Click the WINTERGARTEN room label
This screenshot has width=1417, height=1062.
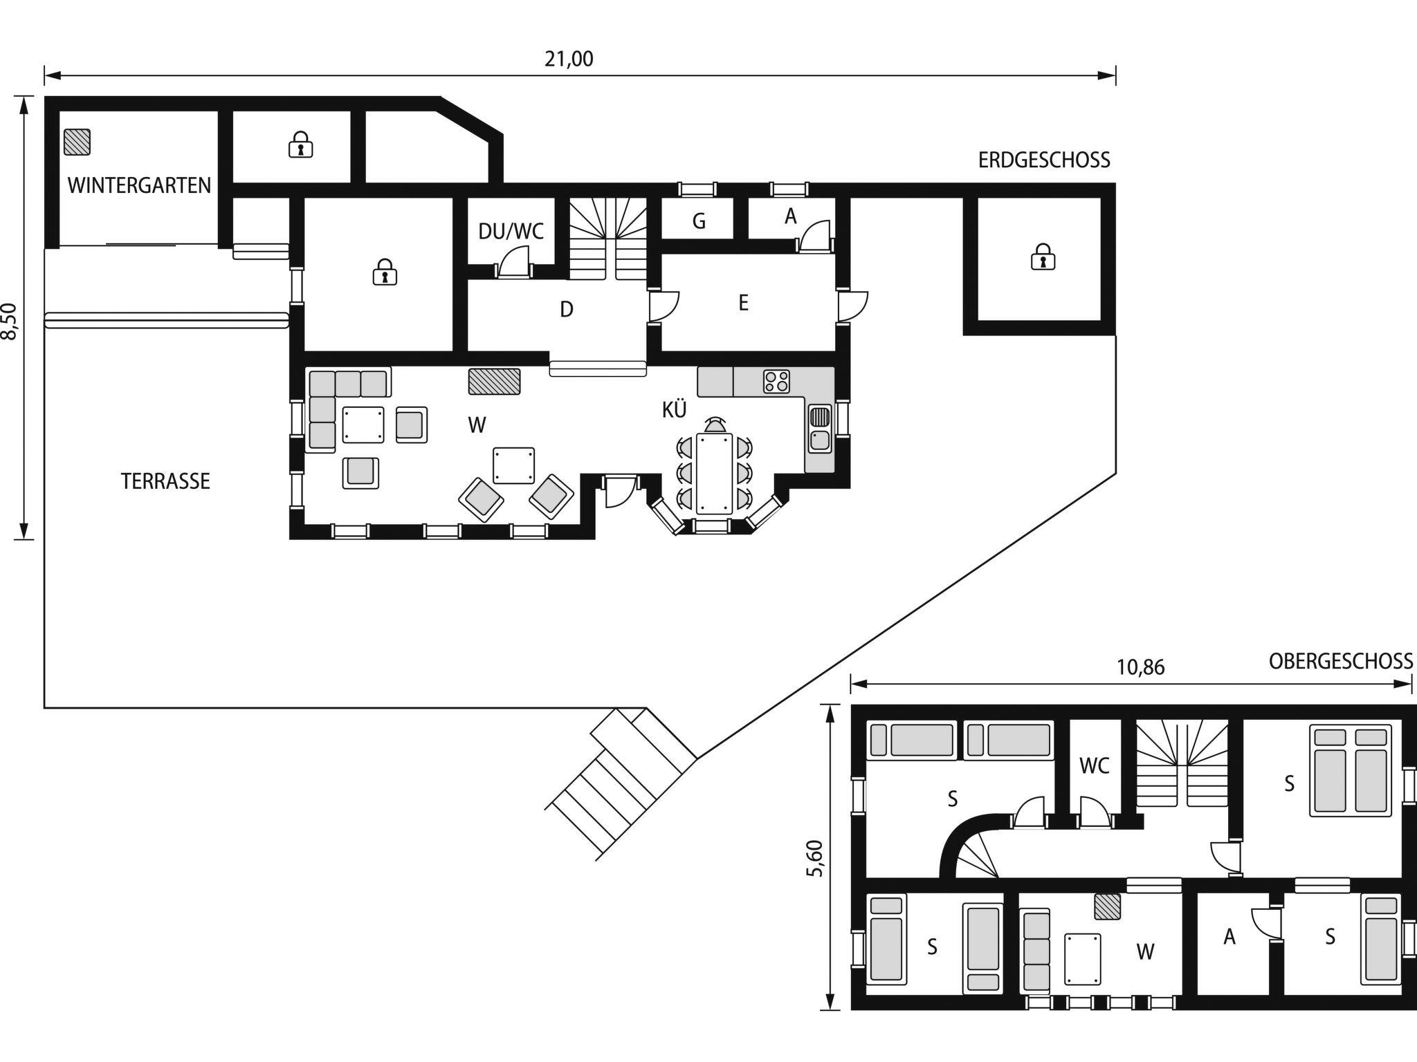(x=139, y=185)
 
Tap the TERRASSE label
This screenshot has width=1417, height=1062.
(x=165, y=481)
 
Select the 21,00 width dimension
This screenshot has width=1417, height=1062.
(x=569, y=59)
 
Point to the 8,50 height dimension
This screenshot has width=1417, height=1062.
(x=9, y=321)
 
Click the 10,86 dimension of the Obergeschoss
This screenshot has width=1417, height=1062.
(x=1141, y=667)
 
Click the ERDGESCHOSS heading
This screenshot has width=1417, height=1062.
(x=1044, y=160)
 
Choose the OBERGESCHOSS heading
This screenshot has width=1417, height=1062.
(x=1341, y=662)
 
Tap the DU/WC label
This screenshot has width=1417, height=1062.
(x=511, y=231)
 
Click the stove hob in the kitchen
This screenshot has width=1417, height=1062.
(x=776, y=382)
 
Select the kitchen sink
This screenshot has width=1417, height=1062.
(x=820, y=429)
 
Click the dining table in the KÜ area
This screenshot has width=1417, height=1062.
(x=714, y=474)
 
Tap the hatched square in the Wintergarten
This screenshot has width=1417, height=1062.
(x=77, y=142)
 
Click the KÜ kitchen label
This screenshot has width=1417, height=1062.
(x=675, y=409)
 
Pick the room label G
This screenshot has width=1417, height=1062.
(x=699, y=221)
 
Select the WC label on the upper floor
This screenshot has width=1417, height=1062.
(x=1095, y=765)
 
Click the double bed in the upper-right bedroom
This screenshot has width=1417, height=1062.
(x=1350, y=770)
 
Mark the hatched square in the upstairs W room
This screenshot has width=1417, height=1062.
(x=1108, y=906)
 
